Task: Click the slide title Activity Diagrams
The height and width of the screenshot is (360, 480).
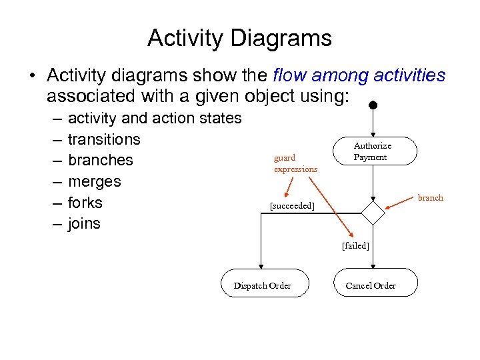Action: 239,38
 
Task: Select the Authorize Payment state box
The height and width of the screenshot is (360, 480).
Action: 373,151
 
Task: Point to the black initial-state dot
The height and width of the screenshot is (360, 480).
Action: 373,105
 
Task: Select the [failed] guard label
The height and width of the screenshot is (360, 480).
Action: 355,245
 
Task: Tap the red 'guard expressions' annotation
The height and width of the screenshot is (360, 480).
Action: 295,163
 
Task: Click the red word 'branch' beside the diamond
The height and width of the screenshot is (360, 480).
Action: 430,197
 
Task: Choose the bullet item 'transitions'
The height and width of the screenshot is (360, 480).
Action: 104,139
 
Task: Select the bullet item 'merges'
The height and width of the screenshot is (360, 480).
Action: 94,181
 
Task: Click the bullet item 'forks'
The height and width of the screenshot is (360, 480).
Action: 85,202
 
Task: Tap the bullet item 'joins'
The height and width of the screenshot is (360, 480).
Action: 84,223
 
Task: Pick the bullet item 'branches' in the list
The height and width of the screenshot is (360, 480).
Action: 101,160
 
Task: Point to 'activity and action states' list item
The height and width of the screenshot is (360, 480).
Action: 155,118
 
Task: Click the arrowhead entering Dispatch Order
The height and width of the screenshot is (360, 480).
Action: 263,265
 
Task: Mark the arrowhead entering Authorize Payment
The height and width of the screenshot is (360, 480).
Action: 373,133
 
